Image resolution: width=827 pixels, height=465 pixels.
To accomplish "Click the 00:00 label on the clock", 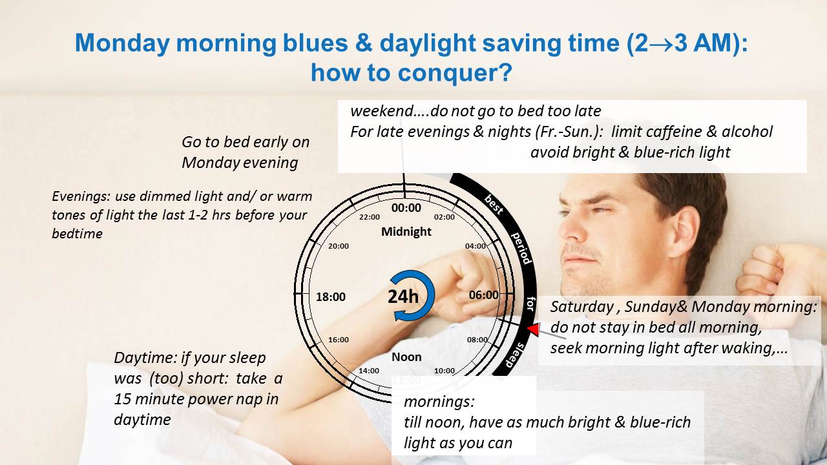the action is click(406, 208).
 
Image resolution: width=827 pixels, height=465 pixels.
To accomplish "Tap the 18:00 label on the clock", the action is click(331, 296).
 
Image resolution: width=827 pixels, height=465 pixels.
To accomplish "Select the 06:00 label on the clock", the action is click(484, 295).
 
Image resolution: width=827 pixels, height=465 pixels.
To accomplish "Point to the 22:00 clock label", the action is click(370, 217).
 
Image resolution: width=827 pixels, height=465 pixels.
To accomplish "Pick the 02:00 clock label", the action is click(444, 217).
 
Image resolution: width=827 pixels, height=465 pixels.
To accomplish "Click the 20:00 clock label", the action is click(339, 246).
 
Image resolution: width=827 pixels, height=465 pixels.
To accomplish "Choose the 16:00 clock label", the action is click(339, 340).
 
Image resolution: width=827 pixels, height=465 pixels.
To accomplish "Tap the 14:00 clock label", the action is click(369, 371).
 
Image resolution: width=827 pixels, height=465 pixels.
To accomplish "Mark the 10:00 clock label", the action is click(444, 371).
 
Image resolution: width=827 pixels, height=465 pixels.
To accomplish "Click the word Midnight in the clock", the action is click(406, 231).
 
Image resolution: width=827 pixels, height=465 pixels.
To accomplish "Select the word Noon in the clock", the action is click(406, 357).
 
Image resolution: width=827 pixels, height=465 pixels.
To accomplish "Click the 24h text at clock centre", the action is click(403, 296).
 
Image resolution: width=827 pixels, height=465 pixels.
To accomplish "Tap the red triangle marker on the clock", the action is click(533, 328).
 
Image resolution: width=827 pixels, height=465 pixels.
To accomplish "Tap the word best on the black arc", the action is click(494, 205).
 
